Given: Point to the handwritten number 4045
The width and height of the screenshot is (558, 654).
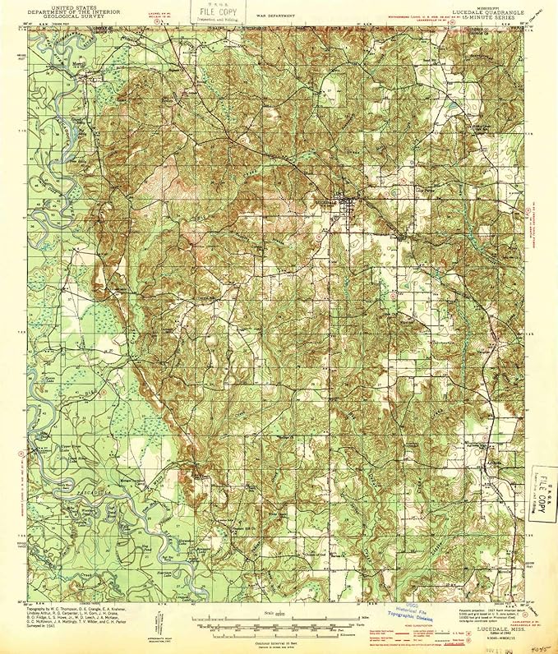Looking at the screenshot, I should pyautogui.click(x=540, y=645).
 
